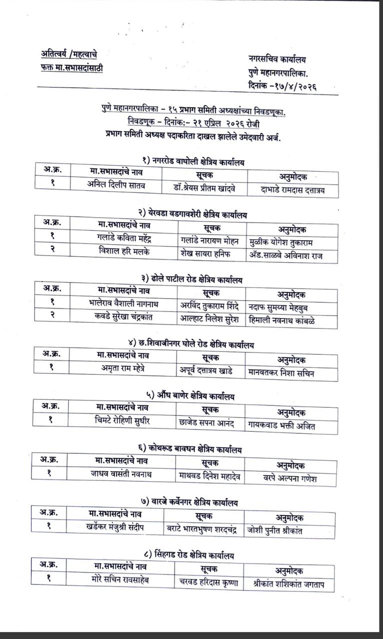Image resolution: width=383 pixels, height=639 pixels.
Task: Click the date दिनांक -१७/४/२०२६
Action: pos(282,86)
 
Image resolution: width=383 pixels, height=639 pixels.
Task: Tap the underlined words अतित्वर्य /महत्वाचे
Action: pos(72,53)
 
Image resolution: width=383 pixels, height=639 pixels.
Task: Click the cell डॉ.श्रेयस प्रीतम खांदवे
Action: pos(206,188)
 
